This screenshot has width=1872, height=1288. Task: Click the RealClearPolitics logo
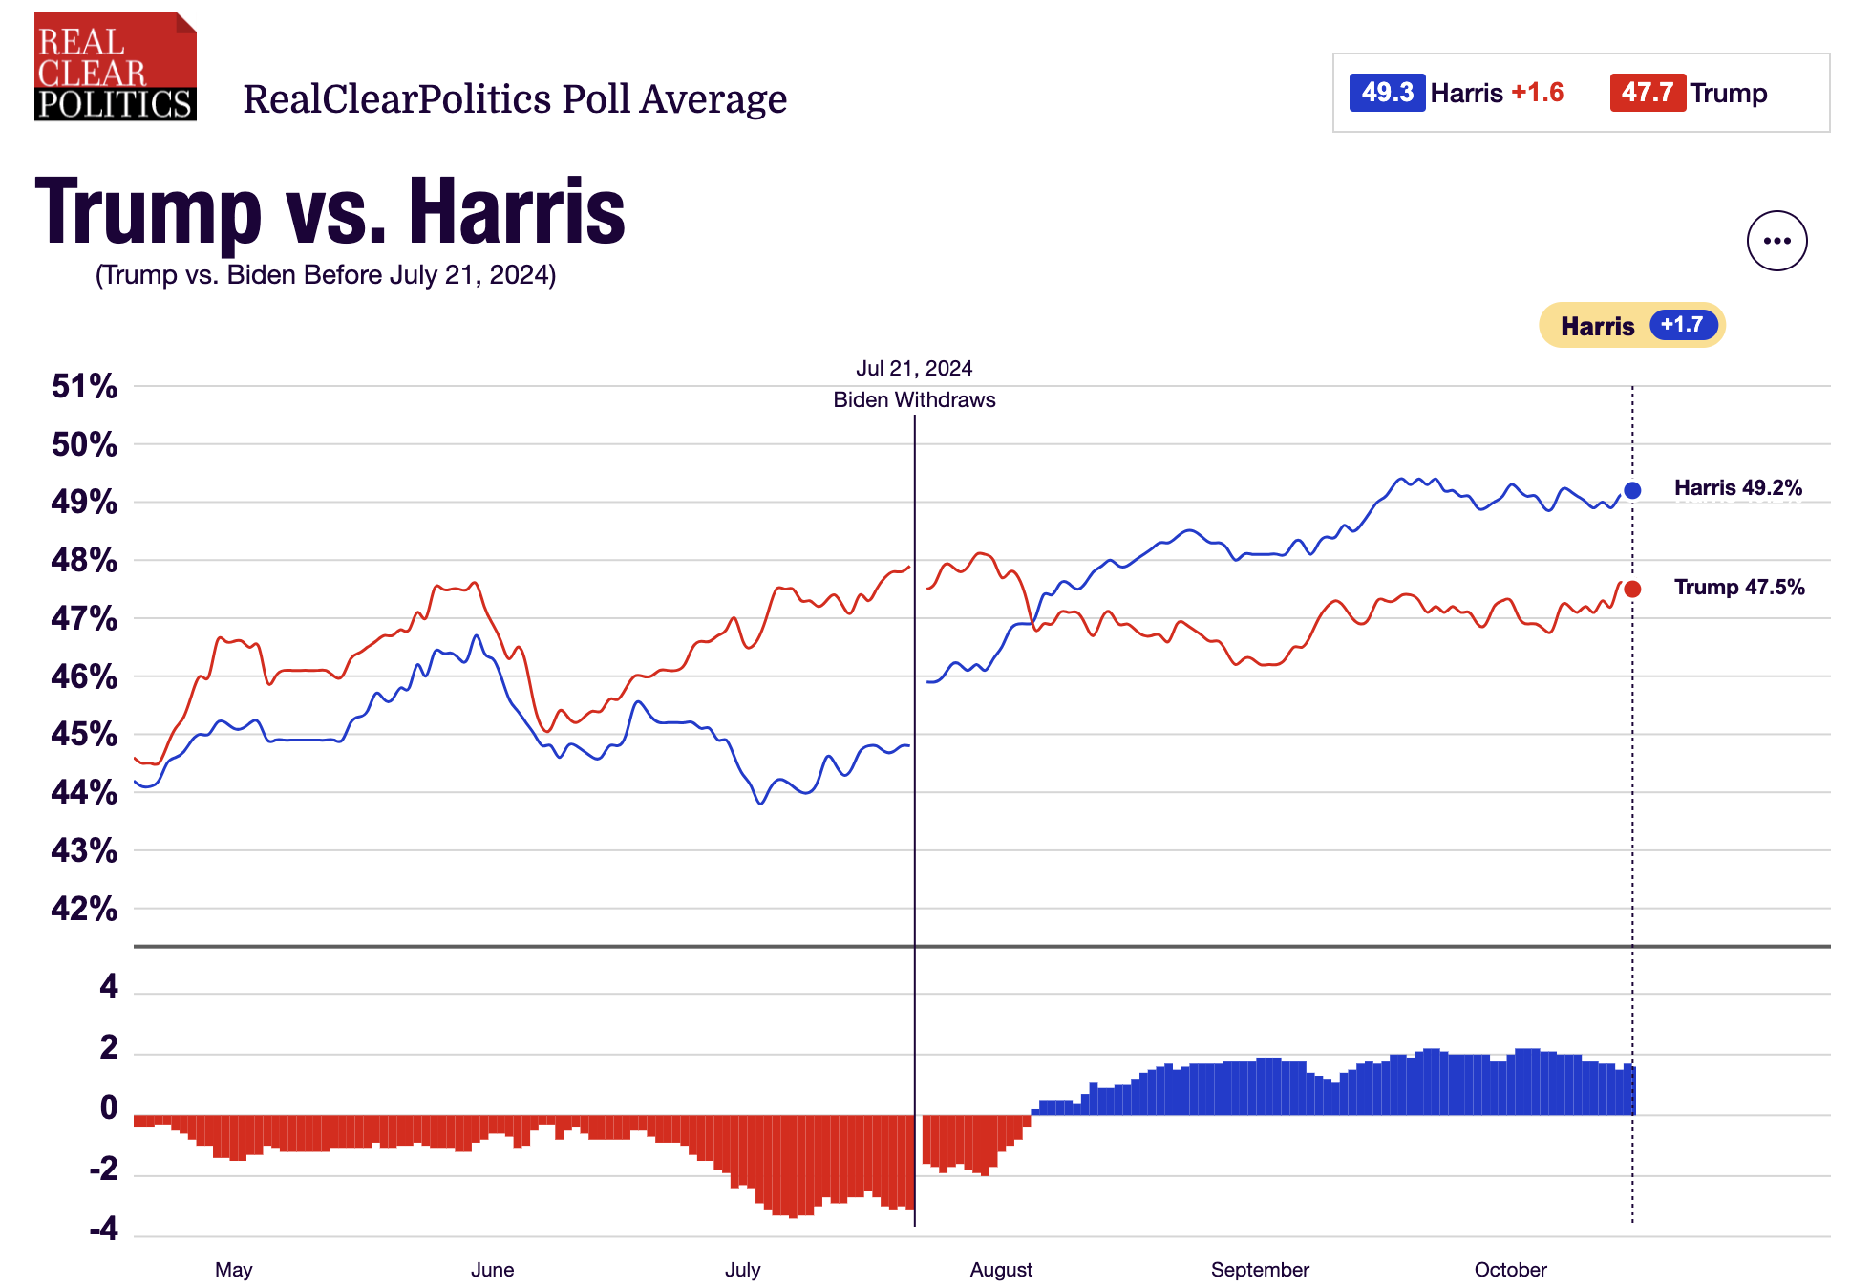115,67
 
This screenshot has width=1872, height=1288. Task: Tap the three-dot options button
1776,241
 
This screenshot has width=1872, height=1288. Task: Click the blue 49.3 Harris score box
1387,93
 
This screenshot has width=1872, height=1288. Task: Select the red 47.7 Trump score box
1648,93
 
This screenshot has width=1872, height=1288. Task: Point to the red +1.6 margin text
1537,93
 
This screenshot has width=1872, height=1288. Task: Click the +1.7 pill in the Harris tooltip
1682,325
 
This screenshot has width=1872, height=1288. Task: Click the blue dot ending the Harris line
1632,490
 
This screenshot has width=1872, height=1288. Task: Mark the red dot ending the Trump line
1632,589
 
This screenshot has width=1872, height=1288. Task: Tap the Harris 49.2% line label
1738,488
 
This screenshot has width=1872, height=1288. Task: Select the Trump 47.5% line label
1739,587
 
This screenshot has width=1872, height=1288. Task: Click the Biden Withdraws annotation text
914,399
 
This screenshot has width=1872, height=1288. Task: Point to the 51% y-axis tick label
84,386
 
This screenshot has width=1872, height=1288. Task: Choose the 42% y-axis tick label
84,908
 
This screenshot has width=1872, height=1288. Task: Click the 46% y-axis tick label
84,676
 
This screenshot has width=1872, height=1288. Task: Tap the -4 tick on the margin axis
104,1229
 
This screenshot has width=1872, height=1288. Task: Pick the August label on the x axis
1001,1270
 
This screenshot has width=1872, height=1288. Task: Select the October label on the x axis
1510,1270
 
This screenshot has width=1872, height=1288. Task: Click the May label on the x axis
233,1270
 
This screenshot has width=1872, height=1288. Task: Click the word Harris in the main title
517,212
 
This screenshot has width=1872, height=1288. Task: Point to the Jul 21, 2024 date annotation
914,368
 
